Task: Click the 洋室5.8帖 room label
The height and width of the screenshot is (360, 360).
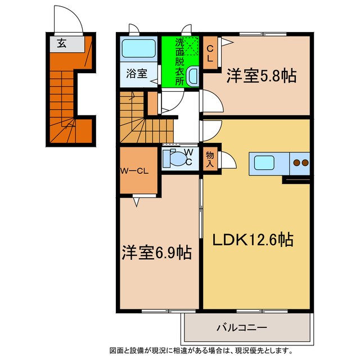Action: coord(262,76)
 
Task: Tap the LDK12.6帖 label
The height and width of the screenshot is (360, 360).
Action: coord(253,240)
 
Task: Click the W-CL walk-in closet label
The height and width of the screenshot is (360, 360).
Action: coord(134,172)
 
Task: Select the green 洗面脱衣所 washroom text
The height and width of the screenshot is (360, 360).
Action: coord(179,61)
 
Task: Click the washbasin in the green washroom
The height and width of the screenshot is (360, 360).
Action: coord(192,75)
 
